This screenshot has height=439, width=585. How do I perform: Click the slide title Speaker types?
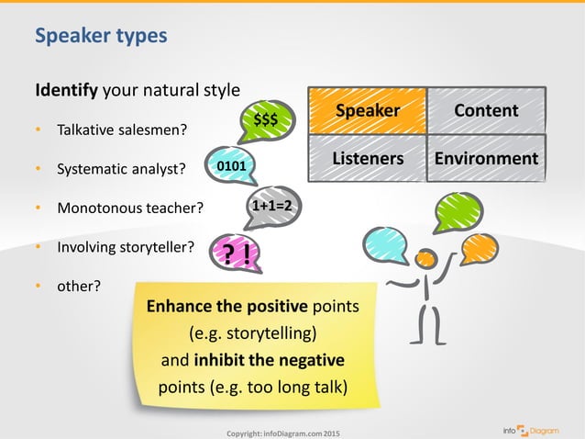pyautogui.click(x=101, y=36)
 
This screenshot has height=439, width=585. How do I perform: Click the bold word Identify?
pyautogui.click(x=67, y=91)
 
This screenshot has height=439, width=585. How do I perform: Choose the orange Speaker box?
pyautogui.click(x=367, y=110)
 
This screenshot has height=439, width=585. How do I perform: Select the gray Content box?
pyautogui.click(x=486, y=110)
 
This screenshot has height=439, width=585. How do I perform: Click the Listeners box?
pyautogui.click(x=367, y=158)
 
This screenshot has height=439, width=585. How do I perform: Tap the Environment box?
pyautogui.click(x=486, y=158)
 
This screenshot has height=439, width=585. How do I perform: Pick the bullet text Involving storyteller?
pyautogui.click(x=126, y=247)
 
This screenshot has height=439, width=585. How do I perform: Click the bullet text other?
pyautogui.click(x=79, y=286)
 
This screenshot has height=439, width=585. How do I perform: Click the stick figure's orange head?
pyautogui.click(x=425, y=260)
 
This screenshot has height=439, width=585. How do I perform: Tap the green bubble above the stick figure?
pyautogui.click(x=458, y=212)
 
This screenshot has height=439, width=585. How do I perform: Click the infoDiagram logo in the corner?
pyautogui.click(x=542, y=428)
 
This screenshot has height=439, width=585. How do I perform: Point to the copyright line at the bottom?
pyautogui.click(x=282, y=432)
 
